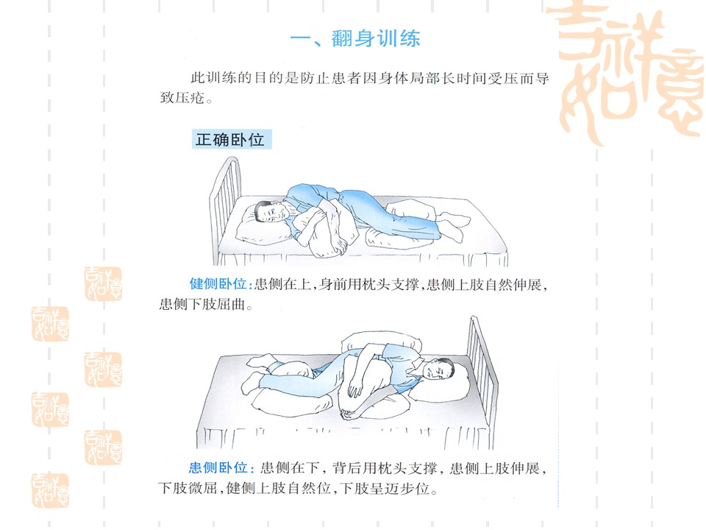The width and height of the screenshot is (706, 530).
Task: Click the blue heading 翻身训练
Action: point(376,39)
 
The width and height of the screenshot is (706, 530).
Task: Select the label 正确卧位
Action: point(230,140)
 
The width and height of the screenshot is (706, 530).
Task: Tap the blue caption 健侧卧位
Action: point(218,284)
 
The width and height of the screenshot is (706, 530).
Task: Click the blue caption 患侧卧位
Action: point(218,468)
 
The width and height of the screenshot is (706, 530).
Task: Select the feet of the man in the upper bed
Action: point(452,225)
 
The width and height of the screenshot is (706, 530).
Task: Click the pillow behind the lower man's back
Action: point(382,342)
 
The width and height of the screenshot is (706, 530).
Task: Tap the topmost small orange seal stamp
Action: point(103,284)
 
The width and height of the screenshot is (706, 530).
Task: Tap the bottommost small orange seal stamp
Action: point(50,491)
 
